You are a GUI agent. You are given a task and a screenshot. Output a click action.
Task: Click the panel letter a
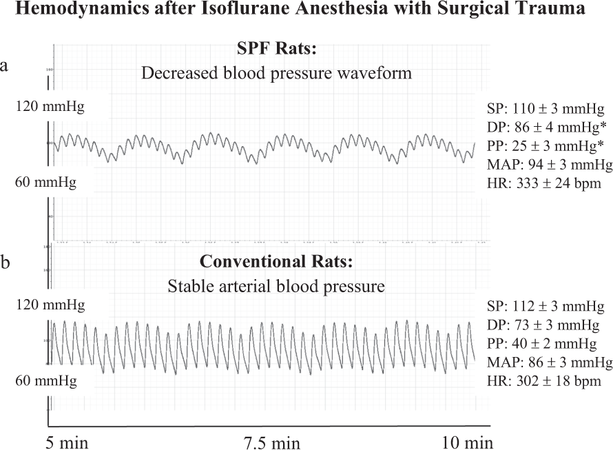(x=6, y=65)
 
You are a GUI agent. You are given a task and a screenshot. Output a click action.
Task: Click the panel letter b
(x=6, y=263)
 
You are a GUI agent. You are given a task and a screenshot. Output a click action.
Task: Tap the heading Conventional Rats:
(x=276, y=263)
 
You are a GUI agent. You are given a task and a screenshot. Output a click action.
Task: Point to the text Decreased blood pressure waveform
(x=276, y=73)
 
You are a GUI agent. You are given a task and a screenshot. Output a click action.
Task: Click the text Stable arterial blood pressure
(x=276, y=286)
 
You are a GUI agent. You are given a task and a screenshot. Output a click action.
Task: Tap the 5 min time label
(x=67, y=440)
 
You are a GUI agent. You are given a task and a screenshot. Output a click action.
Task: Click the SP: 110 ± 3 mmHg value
(x=546, y=108)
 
